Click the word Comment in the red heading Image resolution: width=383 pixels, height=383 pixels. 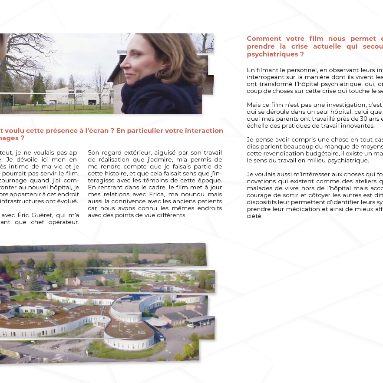263,39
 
